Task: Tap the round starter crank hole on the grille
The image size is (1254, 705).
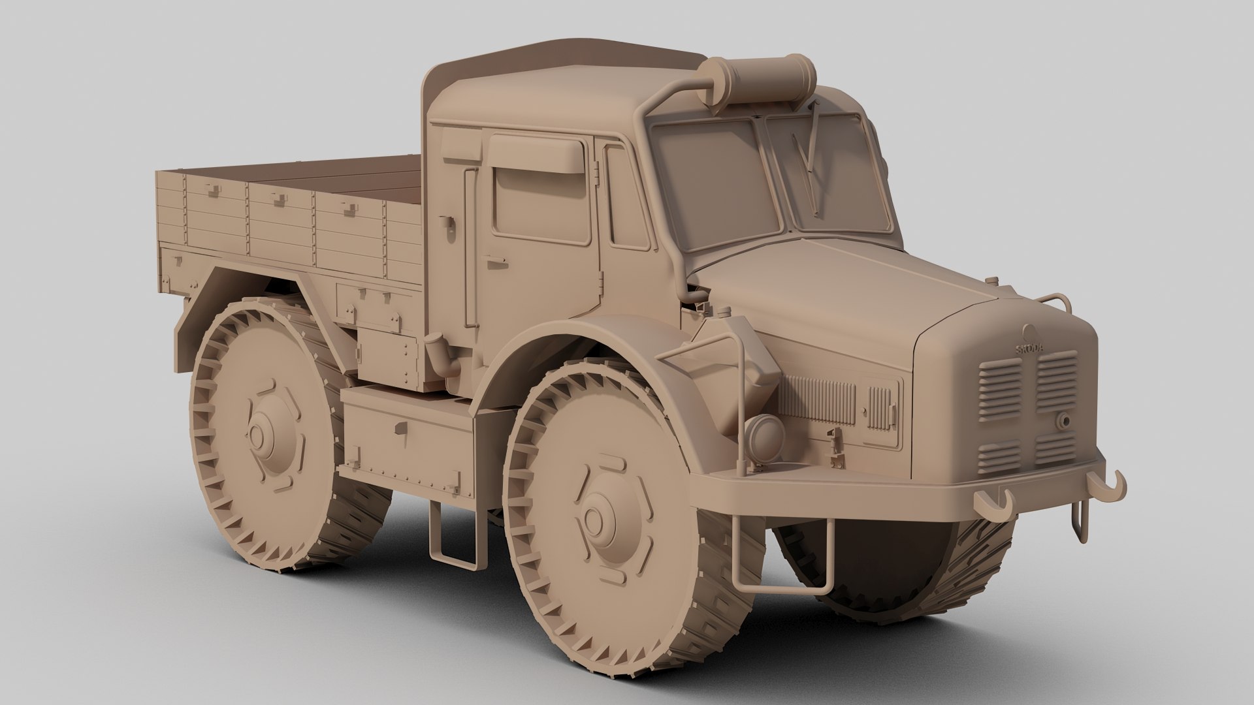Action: click(1063, 421)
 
